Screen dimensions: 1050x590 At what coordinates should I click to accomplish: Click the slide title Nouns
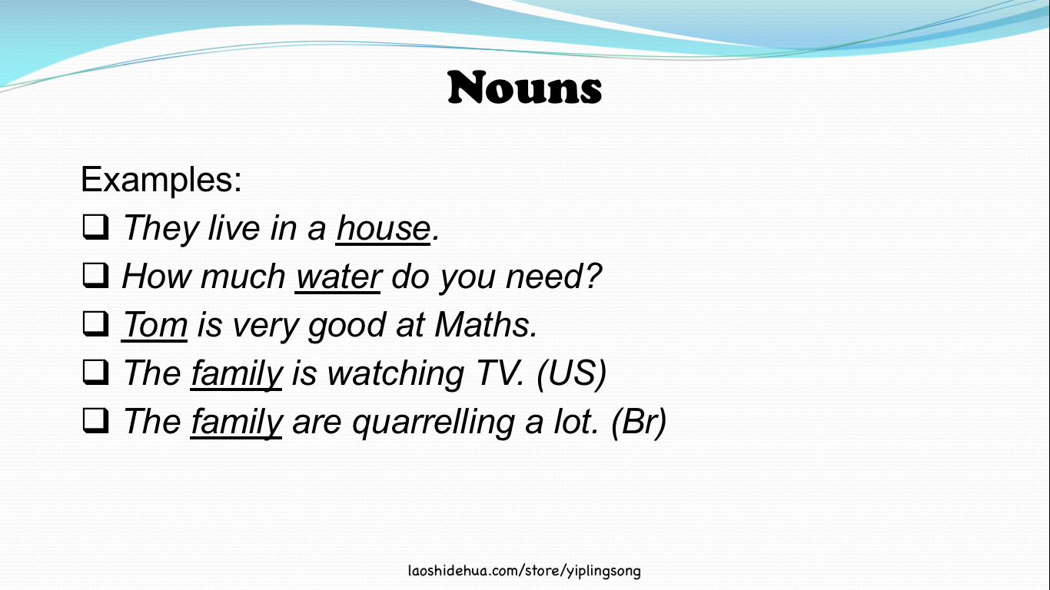[x=524, y=87]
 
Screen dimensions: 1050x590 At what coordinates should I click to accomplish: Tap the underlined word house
[x=384, y=228]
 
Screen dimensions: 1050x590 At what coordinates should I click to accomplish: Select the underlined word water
[x=338, y=277]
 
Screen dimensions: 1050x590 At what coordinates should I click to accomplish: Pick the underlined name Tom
[x=155, y=325]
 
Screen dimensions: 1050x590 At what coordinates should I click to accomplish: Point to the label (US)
[x=572, y=373]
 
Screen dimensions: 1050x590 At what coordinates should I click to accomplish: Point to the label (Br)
[x=639, y=422]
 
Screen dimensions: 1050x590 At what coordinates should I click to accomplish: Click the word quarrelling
[x=434, y=423]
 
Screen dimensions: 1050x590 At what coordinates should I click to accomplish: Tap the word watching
[x=395, y=374]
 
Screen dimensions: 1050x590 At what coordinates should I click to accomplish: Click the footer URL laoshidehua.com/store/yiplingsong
[x=524, y=571]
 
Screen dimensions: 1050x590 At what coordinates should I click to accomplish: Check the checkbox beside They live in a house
[x=95, y=227]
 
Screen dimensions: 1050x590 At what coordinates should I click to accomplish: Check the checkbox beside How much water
[x=95, y=276]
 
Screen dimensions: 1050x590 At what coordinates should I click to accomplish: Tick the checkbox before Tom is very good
[x=95, y=324]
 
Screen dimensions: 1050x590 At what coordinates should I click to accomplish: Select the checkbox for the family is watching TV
[x=95, y=372]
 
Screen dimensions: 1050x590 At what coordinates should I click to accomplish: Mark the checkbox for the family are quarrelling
[x=95, y=420]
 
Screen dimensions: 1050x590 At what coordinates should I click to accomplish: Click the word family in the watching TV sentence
[x=237, y=374]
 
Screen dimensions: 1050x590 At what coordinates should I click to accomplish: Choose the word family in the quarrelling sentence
[x=237, y=423]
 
